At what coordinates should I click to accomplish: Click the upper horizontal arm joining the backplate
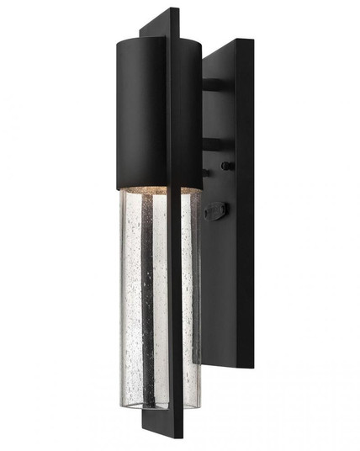[x=214, y=85]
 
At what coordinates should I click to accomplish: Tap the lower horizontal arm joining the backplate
[x=214, y=145]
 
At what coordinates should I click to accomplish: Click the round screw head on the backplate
[x=225, y=166]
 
